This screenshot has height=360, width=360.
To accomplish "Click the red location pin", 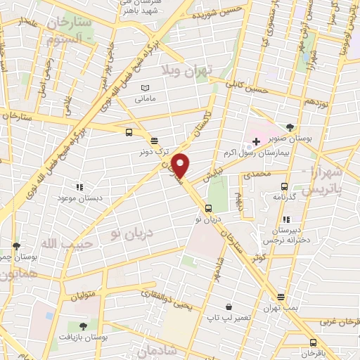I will coord(181,165).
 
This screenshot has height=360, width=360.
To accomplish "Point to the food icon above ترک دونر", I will coord(154,140).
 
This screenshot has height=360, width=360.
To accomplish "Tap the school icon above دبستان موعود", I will coord(79,187).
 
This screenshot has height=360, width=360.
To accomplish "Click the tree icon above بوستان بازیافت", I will coord(84,326).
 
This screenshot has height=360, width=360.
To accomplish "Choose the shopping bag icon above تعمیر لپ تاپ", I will coord(229,307).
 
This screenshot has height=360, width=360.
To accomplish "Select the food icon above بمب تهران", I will coord(281,297).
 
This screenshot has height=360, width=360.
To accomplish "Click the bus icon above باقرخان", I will coord(313,342).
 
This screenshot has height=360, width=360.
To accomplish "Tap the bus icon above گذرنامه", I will coord(284,186).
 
